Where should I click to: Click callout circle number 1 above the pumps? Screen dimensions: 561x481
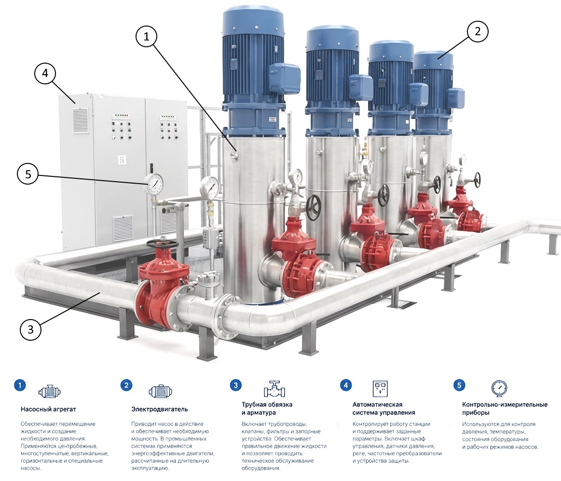(146, 36)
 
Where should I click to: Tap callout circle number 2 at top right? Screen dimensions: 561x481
(478, 31)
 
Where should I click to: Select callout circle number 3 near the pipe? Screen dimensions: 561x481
(30, 329)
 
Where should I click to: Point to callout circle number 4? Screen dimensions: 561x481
(45, 73)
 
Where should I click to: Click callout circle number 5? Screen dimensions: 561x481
(28, 174)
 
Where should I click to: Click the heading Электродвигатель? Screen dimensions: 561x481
(159, 409)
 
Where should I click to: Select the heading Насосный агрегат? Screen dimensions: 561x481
(48, 409)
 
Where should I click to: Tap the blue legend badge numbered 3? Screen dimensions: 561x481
(235, 385)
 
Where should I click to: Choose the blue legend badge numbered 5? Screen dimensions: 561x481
(459, 385)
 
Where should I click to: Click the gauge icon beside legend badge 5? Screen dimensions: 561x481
(499, 388)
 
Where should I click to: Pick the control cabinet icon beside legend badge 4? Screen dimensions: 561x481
(380, 388)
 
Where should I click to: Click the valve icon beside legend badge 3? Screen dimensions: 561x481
(274, 389)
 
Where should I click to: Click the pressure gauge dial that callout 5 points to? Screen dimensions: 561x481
(154, 184)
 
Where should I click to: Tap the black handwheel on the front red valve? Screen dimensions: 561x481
(162, 244)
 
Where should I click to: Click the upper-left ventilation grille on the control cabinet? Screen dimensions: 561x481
(81, 120)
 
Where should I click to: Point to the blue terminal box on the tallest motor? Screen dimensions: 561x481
(284, 78)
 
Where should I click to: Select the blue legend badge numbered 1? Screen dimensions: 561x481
(20, 385)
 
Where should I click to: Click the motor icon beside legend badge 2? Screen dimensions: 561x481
(160, 392)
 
